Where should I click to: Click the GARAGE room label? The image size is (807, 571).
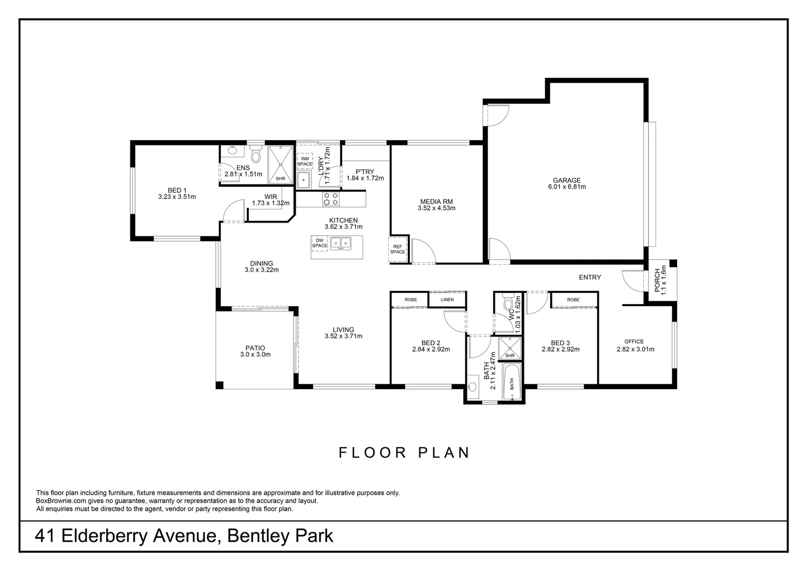pos(566,180)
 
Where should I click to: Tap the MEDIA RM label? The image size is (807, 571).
pos(436,201)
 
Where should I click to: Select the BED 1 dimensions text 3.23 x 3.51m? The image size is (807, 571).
pos(177,197)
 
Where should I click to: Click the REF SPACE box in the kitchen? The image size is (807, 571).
pos(398,249)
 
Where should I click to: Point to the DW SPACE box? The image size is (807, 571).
pos(320,243)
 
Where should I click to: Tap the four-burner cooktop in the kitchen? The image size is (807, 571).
pos(331,199)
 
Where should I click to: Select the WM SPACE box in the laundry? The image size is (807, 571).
pos(305,161)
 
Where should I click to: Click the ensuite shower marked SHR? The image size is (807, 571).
pos(280,164)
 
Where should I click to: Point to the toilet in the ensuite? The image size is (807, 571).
pos(256,155)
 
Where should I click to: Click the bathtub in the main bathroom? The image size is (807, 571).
pos(511,382)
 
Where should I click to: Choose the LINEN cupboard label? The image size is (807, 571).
pos(447,300)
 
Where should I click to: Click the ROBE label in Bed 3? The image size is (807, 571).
pos(573,300)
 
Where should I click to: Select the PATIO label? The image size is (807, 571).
pos(255,348)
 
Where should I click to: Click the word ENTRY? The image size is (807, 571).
pos(589,277)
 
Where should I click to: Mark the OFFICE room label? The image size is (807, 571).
pos(634,342)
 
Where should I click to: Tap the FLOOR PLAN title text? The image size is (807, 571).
pos(404,453)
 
